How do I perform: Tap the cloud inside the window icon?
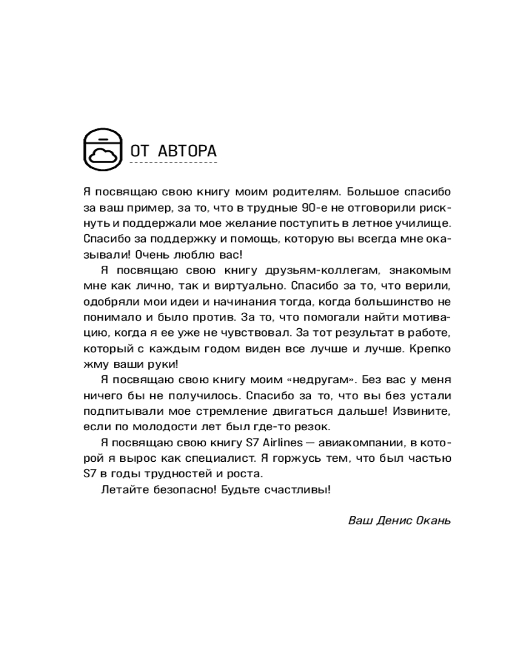[x=103, y=155]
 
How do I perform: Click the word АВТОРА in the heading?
[x=188, y=152]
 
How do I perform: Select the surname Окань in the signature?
[x=432, y=520]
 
